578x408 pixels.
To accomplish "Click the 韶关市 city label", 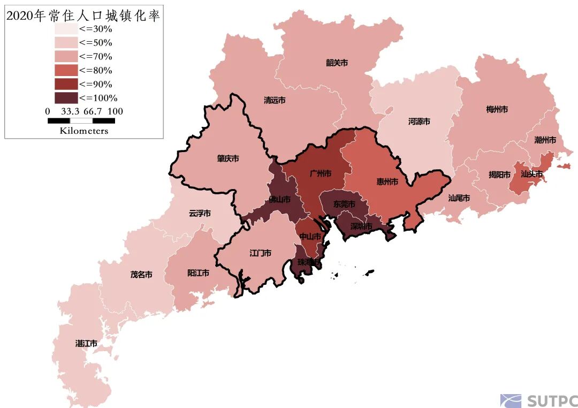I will pyautogui.click(x=337, y=63).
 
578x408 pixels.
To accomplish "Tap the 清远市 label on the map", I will pyautogui.click(x=275, y=100).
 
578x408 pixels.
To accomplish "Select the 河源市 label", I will pyautogui.click(x=419, y=122).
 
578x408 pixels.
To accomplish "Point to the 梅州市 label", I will pyautogui.click(x=497, y=109).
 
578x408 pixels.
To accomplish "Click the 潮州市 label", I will pyautogui.click(x=545, y=140).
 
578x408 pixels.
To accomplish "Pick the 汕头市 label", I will pyautogui.click(x=532, y=174).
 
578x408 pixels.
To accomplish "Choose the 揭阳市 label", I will pyautogui.click(x=499, y=175).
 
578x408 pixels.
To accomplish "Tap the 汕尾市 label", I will pyautogui.click(x=459, y=198).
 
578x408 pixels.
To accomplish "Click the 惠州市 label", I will pyautogui.click(x=387, y=182).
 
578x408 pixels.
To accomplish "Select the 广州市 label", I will pyautogui.click(x=320, y=173).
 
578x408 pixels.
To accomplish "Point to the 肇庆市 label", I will pyautogui.click(x=228, y=159).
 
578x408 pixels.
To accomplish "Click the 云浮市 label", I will pyautogui.click(x=200, y=213).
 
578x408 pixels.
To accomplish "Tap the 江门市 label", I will pyautogui.click(x=260, y=253).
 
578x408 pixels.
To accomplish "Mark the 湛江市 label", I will pyautogui.click(x=86, y=343).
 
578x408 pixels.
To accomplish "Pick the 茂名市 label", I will pyautogui.click(x=141, y=275).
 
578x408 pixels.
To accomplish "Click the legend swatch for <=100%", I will pyautogui.click(x=65, y=98).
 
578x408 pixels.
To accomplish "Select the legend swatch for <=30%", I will pyautogui.click(x=65, y=29).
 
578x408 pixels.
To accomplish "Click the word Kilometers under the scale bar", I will pyautogui.click(x=83, y=131).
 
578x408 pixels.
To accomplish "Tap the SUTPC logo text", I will pyautogui.click(x=551, y=401).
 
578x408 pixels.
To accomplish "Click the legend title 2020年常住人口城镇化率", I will pyautogui.click(x=83, y=16).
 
